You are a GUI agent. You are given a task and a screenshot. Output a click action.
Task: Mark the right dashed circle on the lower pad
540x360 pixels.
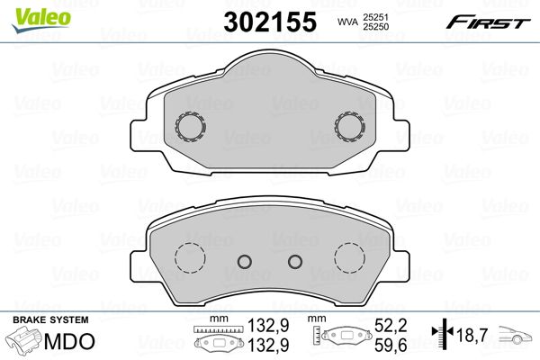[x=348, y=259]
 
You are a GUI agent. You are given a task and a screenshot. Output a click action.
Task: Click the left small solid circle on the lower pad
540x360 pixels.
[x=242, y=262]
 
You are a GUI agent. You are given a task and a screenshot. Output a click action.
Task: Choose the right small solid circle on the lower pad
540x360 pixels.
[x=294, y=262]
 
